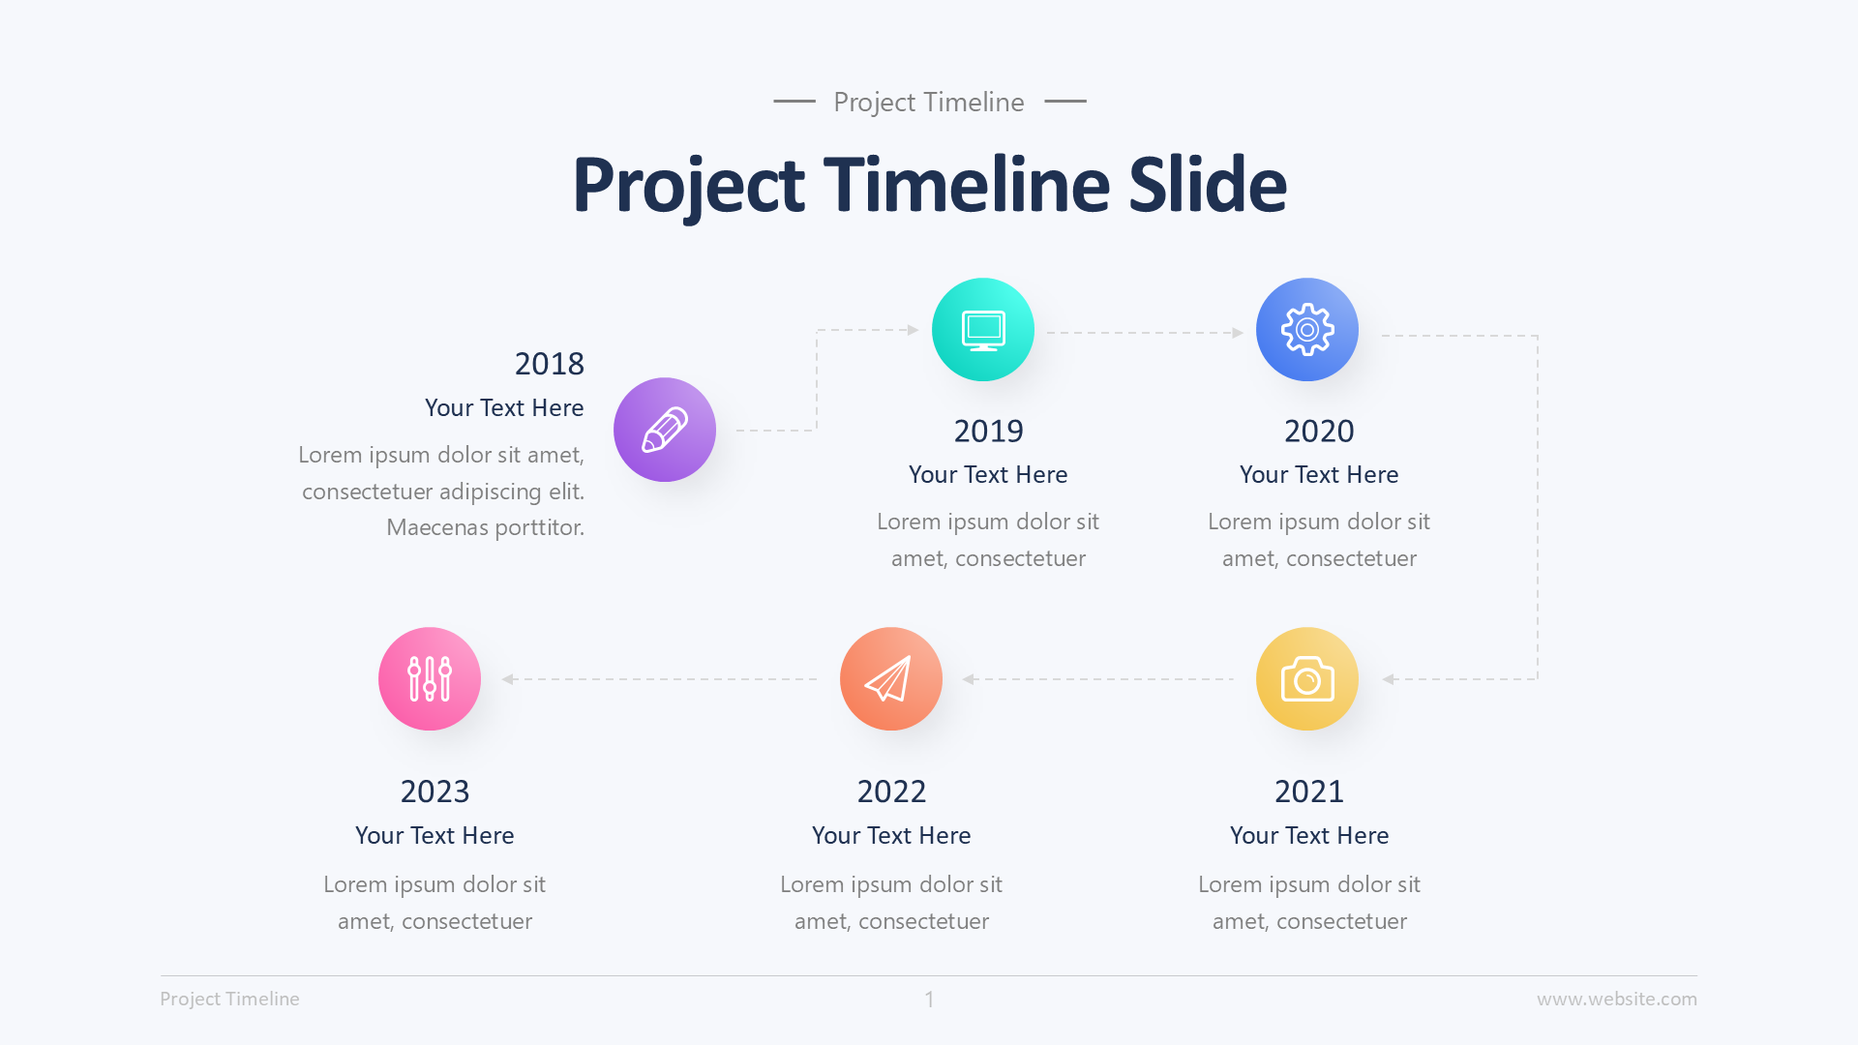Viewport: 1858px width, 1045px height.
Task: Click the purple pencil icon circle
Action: click(x=665, y=430)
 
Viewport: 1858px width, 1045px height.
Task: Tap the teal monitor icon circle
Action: click(x=983, y=330)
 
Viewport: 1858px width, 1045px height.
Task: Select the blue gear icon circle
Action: click(x=1307, y=330)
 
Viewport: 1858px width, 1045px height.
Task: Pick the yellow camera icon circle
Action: click(x=1307, y=679)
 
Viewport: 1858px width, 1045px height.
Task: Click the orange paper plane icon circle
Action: click(x=891, y=679)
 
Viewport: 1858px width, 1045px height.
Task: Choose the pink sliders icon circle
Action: click(x=430, y=679)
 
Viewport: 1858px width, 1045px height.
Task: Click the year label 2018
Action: click(x=549, y=364)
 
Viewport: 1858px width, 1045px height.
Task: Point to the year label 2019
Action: click(x=988, y=432)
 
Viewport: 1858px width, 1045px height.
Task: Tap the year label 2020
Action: click(x=1319, y=432)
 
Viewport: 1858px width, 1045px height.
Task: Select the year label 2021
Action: click(x=1309, y=792)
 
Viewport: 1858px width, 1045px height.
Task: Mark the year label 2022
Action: click(x=891, y=792)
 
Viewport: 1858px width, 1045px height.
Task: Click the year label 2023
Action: click(x=435, y=792)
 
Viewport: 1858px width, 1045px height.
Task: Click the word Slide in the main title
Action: click(x=1208, y=185)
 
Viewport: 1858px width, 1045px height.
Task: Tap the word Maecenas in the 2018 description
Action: click(x=436, y=527)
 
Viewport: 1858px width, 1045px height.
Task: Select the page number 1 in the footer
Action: click(x=929, y=1000)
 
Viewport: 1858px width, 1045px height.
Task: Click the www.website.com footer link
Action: click(x=1616, y=1000)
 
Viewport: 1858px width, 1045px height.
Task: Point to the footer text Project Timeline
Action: click(x=229, y=1000)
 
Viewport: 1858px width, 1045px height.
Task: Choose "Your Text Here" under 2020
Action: click(x=1319, y=475)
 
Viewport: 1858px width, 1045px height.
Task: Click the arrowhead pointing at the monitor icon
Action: click(x=913, y=330)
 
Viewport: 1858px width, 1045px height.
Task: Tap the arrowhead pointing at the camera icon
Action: click(x=1389, y=679)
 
